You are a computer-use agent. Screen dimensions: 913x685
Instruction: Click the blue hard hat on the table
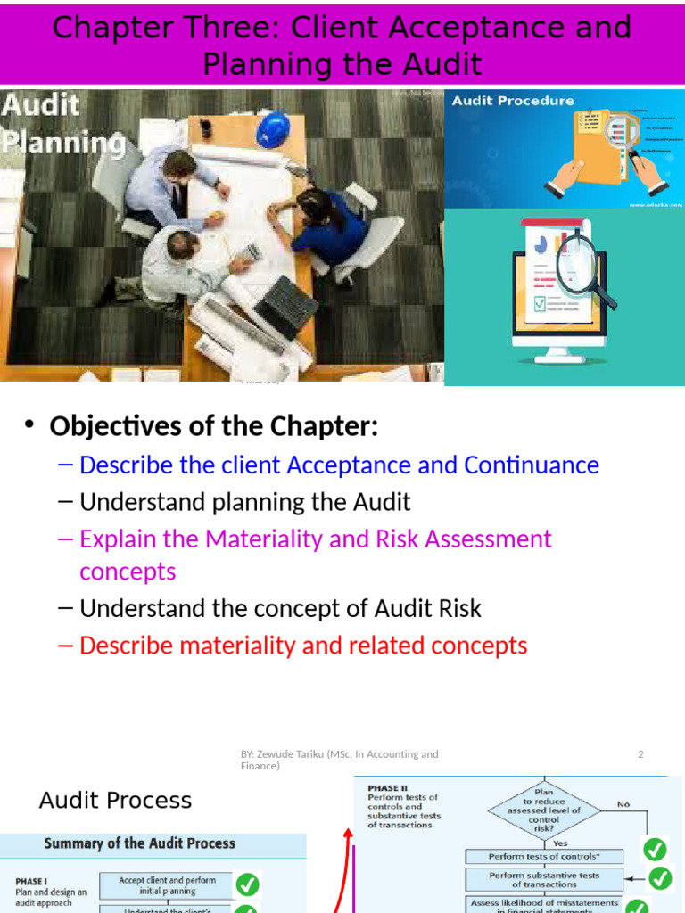point(273,129)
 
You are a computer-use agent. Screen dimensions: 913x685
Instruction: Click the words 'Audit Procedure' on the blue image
point(513,101)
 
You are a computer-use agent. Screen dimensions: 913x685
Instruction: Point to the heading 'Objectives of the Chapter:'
point(213,426)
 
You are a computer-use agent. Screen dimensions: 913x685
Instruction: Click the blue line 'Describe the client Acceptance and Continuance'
point(339,465)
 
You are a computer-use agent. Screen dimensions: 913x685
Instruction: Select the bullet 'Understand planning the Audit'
point(244,502)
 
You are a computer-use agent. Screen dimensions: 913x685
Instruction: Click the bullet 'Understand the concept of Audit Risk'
point(280,609)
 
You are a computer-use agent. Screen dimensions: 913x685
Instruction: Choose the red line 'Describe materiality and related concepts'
point(303,646)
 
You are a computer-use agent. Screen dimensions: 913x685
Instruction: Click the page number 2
point(640,754)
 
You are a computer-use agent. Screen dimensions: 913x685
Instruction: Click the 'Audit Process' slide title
point(115,800)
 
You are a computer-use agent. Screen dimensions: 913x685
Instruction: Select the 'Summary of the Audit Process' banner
point(153,843)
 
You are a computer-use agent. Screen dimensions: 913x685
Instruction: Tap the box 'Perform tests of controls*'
point(544,856)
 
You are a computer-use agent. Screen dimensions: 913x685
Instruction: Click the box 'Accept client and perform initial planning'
point(167,885)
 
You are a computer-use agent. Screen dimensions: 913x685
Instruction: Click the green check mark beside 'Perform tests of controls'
point(656,849)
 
